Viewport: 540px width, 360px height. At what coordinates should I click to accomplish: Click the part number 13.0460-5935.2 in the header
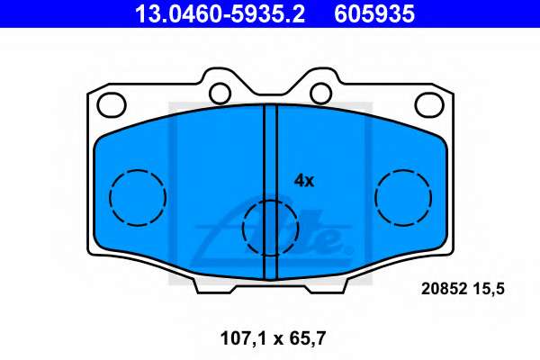click(220, 14)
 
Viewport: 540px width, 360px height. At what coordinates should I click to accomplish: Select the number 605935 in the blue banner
click(374, 14)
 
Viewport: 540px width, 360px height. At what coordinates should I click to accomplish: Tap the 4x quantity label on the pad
click(304, 181)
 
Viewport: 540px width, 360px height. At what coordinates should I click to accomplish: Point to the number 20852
click(444, 289)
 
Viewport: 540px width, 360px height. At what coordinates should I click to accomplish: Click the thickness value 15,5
click(489, 289)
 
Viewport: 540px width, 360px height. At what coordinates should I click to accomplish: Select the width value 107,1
click(244, 338)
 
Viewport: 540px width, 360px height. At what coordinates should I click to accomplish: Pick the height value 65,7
click(308, 338)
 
